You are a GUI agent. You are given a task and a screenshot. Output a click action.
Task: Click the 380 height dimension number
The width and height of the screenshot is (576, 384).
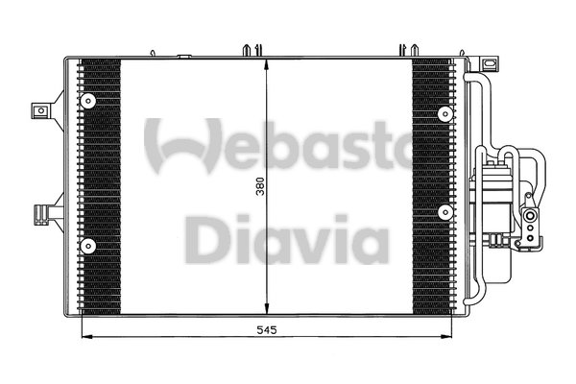pyautogui.click(x=258, y=188)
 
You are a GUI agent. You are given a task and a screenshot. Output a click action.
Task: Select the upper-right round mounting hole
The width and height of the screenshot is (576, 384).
pyautogui.click(x=444, y=112)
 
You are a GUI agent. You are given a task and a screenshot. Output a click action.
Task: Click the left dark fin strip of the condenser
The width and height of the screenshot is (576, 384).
pyautogui.click(x=100, y=187)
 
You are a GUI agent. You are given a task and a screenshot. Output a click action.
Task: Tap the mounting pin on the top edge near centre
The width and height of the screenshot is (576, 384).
pyautogui.click(x=251, y=49)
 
